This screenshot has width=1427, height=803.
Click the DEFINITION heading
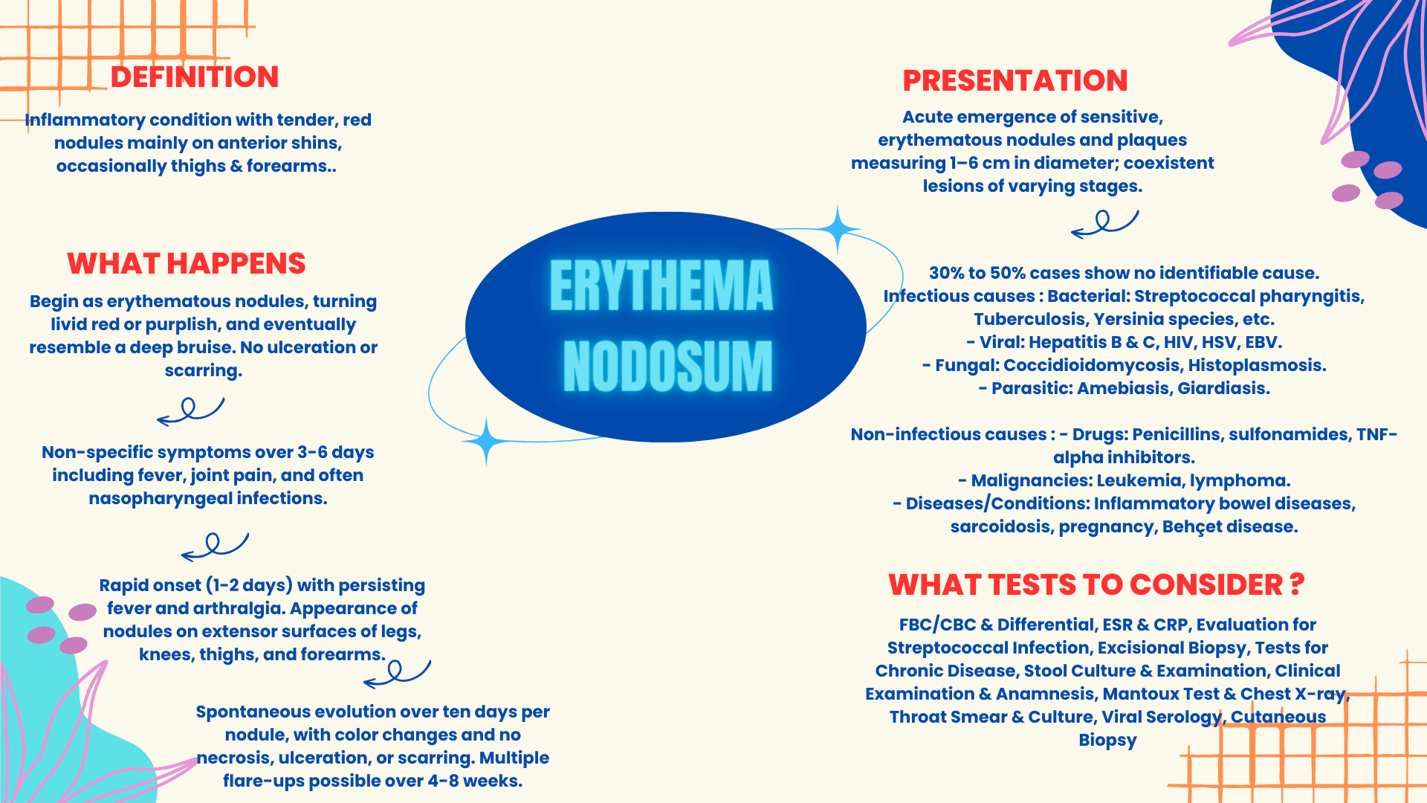(x=195, y=77)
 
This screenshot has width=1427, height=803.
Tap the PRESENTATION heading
(x=1015, y=80)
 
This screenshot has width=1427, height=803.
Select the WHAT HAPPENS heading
(x=187, y=263)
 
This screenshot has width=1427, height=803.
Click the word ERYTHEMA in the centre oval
(x=661, y=286)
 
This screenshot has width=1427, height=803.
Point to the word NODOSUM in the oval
(x=667, y=366)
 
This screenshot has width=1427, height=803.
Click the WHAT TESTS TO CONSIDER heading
(x=1096, y=584)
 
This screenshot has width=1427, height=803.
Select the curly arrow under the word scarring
(x=190, y=410)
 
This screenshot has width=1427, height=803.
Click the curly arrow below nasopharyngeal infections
(x=215, y=546)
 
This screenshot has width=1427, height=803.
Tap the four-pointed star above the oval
(x=838, y=229)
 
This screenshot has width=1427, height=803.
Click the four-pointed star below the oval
(x=486, y=441)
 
